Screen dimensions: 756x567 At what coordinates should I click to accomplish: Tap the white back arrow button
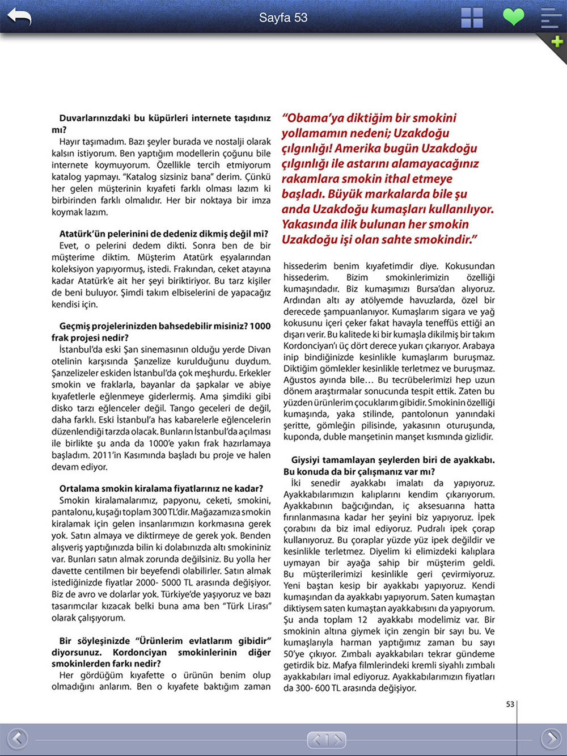pyautogui.click(x=19, y=17)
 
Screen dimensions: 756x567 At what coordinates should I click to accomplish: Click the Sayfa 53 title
pyautogui.click(x=283, y=18)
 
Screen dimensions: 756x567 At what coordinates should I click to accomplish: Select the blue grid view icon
pyautogui.click(x=472, y=18)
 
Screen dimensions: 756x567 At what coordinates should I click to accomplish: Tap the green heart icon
pyautogui.click(x=514, y=17)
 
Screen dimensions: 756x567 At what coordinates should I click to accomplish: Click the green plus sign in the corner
pyautogui.click(x=557, y=41)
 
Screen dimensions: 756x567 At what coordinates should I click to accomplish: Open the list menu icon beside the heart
pyautogui.click(x=550, y=18)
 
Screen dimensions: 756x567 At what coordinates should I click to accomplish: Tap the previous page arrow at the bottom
pyautogui.click(x=17, y=738)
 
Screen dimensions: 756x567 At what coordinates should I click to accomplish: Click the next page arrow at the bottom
pyautogui.click(x=551, y=738)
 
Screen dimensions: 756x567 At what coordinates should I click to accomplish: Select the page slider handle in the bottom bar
pyautogui.click(x=327, y=740)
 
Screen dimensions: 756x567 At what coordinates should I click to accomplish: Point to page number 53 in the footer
pyautogui.click(x=510, y=704)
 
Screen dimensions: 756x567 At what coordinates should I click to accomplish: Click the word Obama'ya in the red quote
pyautogui.click(x=315, y=118)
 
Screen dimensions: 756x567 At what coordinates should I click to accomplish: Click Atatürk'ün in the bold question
pyautogui.click(x=83, y=234)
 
